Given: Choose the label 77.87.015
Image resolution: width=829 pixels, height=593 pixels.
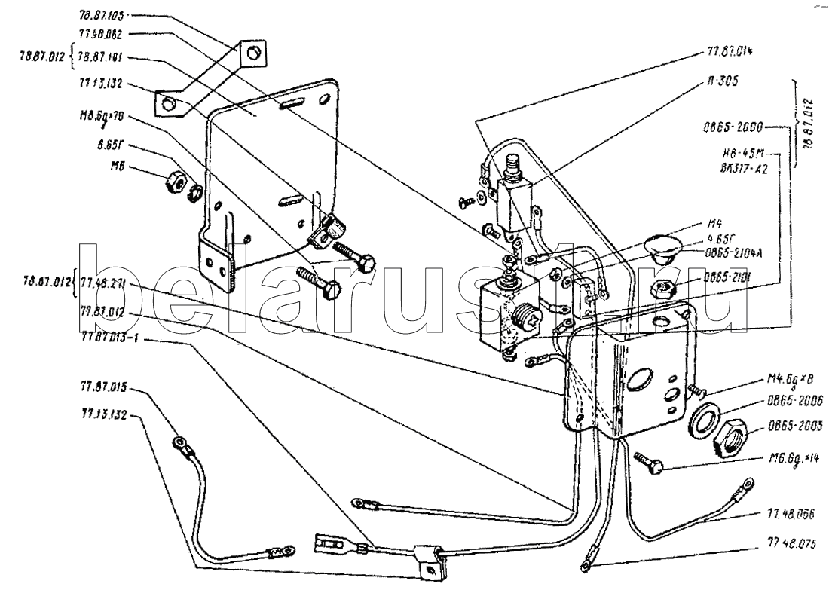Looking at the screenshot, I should [x=102, y=389].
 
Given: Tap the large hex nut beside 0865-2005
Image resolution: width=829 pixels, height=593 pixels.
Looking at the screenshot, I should [x=727, y=436].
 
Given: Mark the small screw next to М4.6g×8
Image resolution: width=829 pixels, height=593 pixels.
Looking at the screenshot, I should [x=696, y=390].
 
